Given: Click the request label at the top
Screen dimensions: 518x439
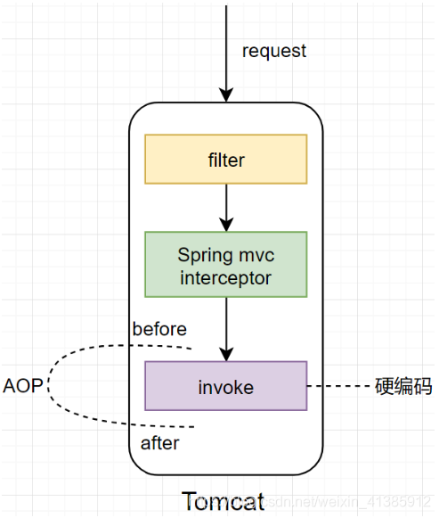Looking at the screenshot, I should tap(273, 51).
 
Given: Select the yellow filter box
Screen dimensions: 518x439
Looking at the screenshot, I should tap(225, 160).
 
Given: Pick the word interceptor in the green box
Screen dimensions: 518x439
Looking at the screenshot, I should tap(225, 277).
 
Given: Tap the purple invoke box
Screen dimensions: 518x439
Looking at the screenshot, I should tap(225, 386).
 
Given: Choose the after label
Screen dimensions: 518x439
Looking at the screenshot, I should tap(159, 443).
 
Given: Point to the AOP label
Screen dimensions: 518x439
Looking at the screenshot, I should tap(22, 387).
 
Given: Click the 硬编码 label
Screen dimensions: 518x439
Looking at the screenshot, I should tap(403, 387).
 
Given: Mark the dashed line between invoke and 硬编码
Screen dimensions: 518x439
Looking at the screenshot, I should tap(338, 387).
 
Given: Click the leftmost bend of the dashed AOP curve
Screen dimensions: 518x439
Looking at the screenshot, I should tap(49, 387).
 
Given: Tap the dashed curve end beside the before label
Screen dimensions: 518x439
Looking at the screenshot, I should tap(190, 347).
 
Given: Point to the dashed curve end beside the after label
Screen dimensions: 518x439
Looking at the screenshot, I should tap(194, 426).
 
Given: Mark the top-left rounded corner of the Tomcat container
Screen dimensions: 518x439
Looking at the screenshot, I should tap(138, 112).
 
